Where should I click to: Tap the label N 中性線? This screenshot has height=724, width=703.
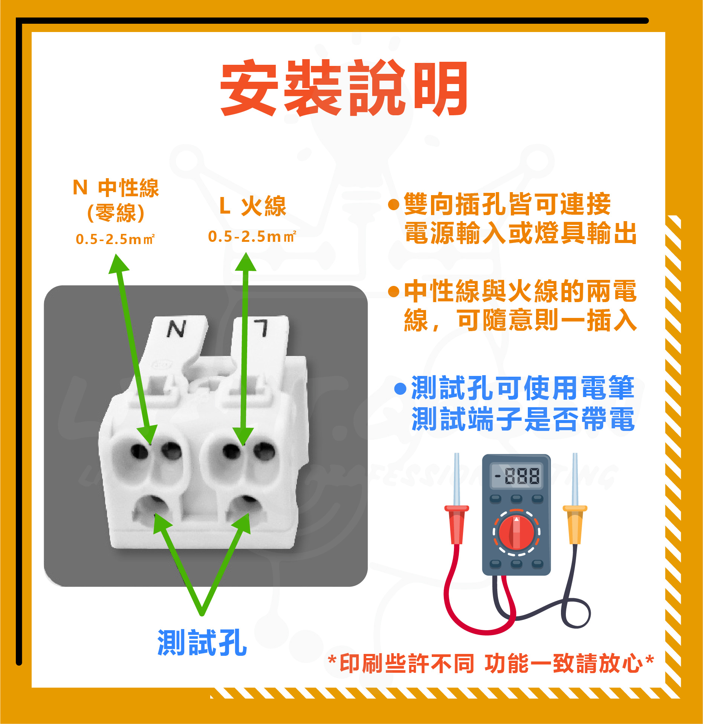pyautogui.click(x=116, y=188)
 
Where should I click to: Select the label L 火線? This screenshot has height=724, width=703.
pyautogui.click(x=253, y=206)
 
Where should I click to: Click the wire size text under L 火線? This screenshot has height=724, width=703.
pyautogui.click(x=252, y=237)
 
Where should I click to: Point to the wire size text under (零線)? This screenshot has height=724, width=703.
pyautogui.click(x=115, y=239)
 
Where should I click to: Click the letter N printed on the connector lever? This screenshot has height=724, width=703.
pyautogui.click(x=176, y=329)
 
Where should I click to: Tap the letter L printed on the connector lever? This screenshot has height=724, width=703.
pyautogui.click(x=261, y=327)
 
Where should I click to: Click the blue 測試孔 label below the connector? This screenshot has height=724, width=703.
pyautogui.click(x=202, y=643)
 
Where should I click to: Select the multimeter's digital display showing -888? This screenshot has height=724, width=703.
pyautogui.click(x=516, y=475)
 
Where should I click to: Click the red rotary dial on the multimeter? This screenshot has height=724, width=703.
pyautogui.click(x=516, y=532)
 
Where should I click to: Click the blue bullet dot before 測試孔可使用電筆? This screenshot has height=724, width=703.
pyautogui.click(x=400, y=389)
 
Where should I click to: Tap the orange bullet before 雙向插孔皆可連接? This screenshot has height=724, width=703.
pyautogui.click(x=394, y=205)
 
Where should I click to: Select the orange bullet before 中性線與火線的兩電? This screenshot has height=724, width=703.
pyautogui.click(x=394, y=291)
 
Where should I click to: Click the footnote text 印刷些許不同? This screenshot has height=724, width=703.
pyautogui.click(x=407, y=664)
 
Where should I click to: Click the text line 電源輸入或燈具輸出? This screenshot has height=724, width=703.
pyautogui.click(x=520, y=233)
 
